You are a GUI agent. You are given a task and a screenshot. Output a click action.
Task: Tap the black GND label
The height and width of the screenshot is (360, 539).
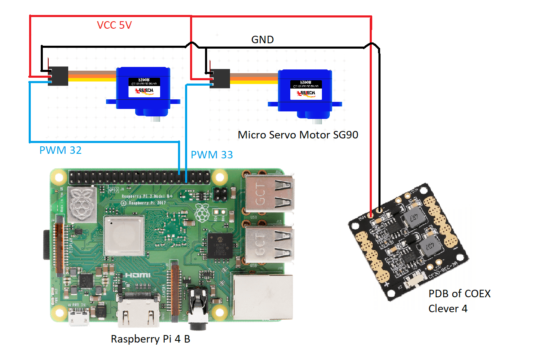[262, 40]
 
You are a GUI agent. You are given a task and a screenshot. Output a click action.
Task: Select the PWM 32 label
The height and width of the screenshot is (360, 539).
[60, 150]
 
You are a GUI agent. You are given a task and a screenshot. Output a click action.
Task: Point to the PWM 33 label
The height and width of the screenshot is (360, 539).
[212, 155]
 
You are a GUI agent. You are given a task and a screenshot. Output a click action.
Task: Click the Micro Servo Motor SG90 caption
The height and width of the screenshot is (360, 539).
[298, 135]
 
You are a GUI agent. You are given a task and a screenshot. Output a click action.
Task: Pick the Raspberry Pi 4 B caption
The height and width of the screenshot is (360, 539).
[150, 339]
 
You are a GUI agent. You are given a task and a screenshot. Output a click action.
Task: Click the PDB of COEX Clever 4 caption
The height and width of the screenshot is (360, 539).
[459, 301]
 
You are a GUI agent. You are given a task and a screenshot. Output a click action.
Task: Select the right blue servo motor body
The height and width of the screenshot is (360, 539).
[304, 93]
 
